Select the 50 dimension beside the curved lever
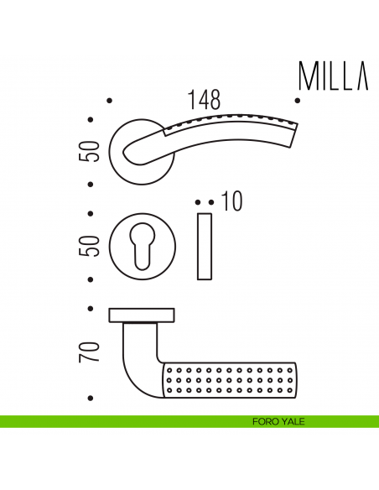[94, 151]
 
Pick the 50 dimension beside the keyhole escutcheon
[94, 245]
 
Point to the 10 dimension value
[231, 202]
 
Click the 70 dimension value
[94, 351]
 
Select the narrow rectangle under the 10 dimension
[205, 247]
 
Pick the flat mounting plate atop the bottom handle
[143, 315]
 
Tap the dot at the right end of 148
[299, 102]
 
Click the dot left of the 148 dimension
[111, 102]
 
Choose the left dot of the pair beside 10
[198, 202]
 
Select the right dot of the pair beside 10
[210, 202]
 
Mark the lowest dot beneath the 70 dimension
[91, 398]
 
